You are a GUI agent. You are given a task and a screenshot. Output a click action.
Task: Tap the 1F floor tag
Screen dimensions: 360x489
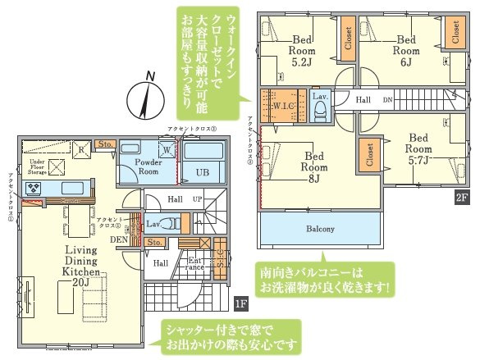pyautogui.click(x=240, y=304)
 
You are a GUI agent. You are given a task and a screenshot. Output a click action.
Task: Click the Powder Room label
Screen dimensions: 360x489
pyautogui.click(x=137, y=166)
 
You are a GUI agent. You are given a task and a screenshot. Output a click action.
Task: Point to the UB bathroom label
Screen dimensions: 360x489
pyautogui.click(x=202, y=172)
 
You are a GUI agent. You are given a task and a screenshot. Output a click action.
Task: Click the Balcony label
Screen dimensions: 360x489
pyautogui.click(x=320, y=229)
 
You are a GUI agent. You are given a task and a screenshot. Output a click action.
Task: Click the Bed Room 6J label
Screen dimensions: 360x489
pyautogui.click(x=407, y=44)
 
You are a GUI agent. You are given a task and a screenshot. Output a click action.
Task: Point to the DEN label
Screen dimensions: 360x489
pyautogui.click(x=120, y=239)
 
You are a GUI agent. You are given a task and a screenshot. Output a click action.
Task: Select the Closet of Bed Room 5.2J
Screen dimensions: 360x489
pyautogui.click(x=349, y=44)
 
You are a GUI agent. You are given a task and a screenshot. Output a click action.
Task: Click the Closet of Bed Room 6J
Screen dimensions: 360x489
pyautogui.click(x=455, y=32)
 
